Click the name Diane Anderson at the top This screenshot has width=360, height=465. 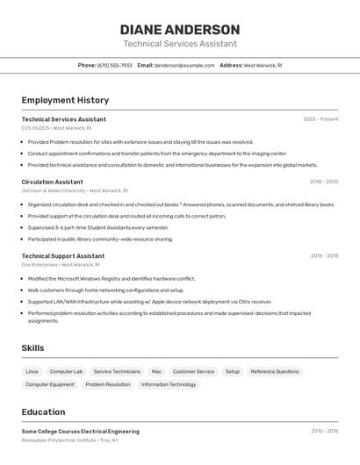coord(180,29)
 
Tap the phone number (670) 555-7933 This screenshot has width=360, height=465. coord(114,65)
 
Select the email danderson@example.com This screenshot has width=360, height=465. coord(184,65)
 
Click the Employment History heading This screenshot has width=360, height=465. coord(65,100)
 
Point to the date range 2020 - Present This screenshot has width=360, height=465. coord(320,119)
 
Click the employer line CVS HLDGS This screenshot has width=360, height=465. coord(56,128)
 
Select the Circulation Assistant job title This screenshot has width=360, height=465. coord(52,182)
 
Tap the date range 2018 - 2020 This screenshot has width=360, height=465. coord(323,182)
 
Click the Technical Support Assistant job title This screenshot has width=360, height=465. coord(62,256)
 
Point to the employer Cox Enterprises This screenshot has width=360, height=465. coord(60,265)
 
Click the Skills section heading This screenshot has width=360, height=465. coord(32,348)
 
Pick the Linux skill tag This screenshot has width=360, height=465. coord(32,371)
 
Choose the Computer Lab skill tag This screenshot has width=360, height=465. coord(66,371)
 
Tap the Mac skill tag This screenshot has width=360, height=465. coord(156,371)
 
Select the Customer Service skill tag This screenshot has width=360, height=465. coord(193,371)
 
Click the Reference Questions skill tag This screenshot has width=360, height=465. coord(275,371)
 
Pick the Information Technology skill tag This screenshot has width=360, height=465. coord(169,384)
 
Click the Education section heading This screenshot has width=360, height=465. coord(43,411)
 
